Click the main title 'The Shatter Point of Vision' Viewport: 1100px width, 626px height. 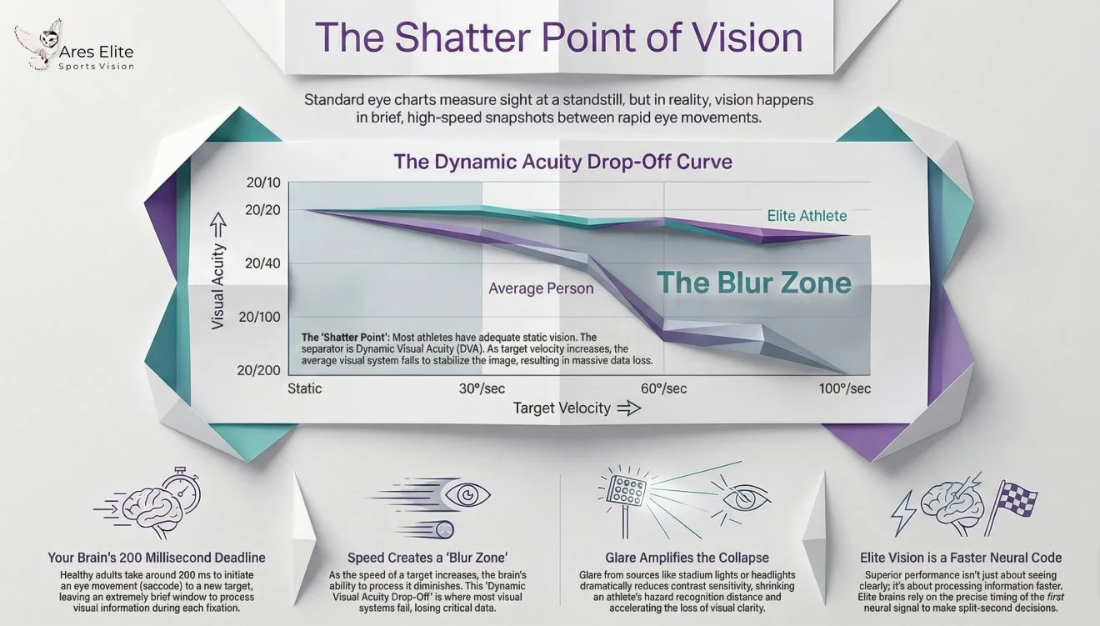click(559, 38)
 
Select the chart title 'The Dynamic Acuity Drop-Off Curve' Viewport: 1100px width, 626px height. click(562, 161)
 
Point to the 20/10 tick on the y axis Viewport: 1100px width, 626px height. click(263, 184)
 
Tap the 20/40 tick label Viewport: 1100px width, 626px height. click(263, 263)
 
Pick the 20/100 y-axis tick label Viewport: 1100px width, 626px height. click(259, 317)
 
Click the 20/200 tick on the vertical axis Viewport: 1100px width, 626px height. click(259, 370)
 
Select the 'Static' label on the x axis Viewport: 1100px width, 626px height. click(304, 388)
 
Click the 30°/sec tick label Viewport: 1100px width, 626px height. click(482, 388)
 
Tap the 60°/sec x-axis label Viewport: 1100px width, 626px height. click(663, 388)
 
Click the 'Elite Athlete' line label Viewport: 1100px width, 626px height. click(806, 216)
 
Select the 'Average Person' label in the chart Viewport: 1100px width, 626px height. click(541, 288)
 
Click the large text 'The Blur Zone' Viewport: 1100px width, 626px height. click(754, 283)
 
